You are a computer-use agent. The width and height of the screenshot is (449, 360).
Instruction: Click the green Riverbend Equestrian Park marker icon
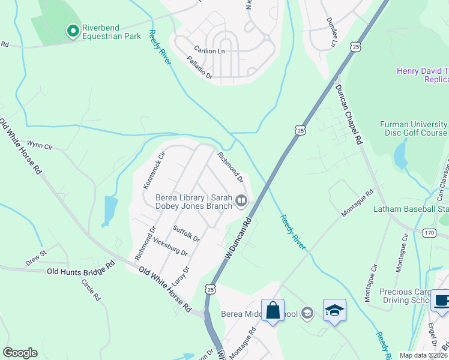coord(73,30)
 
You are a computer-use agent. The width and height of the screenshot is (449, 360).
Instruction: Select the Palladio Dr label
coord(200,68)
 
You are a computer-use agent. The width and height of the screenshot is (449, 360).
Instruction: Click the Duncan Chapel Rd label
coord(349,113)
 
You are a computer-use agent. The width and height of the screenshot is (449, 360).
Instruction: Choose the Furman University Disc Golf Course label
coord(413,128)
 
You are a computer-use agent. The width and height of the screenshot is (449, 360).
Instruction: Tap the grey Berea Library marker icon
coord(241,200)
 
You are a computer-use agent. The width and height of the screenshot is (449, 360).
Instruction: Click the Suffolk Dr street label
coord(186,233)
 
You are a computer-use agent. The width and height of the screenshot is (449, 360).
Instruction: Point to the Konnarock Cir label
coord(153,170)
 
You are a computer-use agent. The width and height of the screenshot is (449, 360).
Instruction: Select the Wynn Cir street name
coord(41,146)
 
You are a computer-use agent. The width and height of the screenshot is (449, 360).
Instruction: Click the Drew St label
coord(35,258)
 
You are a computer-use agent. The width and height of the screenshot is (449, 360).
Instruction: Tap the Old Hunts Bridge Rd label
coord(80,269)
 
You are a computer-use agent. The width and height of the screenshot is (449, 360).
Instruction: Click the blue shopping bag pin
coord(273,311)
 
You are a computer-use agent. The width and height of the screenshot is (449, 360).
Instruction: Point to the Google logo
coord(20,353)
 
